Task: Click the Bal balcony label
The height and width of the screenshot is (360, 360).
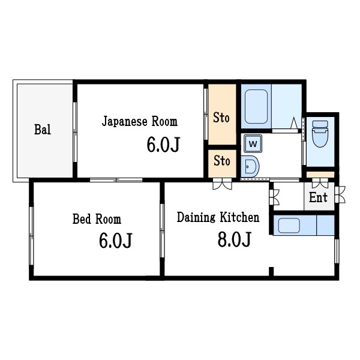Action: (42, 129)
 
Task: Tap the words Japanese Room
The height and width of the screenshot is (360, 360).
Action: (140, 122)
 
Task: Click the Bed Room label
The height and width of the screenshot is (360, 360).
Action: (97, 219)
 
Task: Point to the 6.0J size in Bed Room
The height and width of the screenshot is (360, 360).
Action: (115, 241)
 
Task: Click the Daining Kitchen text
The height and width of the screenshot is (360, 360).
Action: (218, 217)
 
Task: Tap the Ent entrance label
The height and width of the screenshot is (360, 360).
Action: (318, 198)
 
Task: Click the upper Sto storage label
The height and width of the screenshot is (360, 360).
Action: (221, 118)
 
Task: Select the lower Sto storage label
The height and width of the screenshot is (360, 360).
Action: (222, 161)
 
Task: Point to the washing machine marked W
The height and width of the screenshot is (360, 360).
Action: (253, 144)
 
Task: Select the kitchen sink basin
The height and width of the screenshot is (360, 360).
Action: (289, 226)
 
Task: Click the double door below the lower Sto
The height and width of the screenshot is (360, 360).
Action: (222, 184)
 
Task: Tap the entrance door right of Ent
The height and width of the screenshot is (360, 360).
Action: (340, 194)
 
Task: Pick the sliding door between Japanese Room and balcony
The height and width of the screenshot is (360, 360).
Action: (76, 131)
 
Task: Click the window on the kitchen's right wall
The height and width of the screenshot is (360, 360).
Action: (337, 250)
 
